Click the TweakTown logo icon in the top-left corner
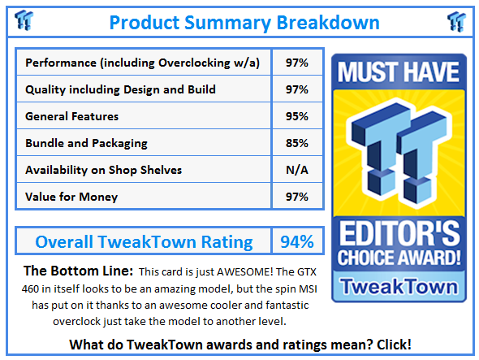(25, 20)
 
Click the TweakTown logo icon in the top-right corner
(456, 20)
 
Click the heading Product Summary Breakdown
(240, 21)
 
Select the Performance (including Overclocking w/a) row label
(143, 63)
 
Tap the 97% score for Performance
(296, 63)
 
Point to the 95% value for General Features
(296, 116)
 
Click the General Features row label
(72, 116)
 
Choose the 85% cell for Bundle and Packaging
(296, 143)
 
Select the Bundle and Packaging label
(86, 143)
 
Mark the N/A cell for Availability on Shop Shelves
(296, 170)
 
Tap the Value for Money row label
(71, 197)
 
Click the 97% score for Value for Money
(296, 197)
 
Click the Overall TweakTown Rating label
(144, 241)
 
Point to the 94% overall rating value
(296, 241)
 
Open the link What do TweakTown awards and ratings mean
(240, 345)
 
